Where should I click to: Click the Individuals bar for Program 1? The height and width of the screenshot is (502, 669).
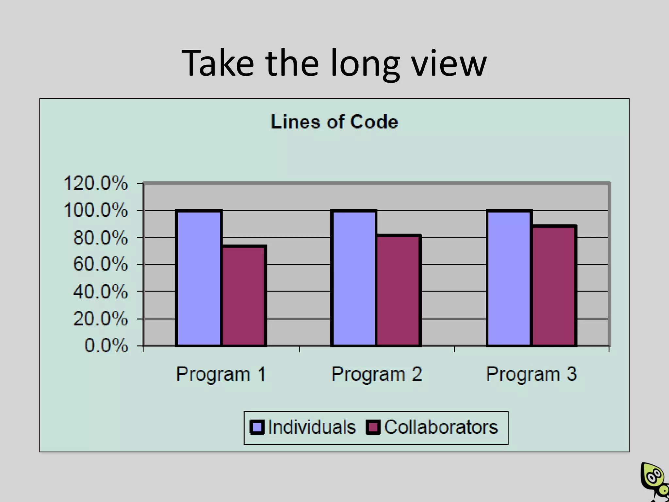pos(199,278)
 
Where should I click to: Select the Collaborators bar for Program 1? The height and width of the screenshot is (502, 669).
pos(244,296)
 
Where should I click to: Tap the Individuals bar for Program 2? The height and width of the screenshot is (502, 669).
pos(354,278)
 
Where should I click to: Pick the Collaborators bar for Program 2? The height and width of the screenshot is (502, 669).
pos(399,290)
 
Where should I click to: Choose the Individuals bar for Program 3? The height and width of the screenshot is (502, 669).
pos(509,278)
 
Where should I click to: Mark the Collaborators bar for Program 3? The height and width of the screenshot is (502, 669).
pos(554,286)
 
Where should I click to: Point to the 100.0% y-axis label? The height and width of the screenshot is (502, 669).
pos(95,210)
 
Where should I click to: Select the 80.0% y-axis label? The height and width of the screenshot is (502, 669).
pos(100,238)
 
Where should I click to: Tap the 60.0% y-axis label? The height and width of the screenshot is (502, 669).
pos(100,264)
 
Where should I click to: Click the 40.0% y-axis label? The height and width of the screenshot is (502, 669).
pos(100,291)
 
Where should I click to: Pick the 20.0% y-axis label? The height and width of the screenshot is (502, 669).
pos(100,319)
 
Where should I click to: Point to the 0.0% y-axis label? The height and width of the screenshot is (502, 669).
pos(106,345)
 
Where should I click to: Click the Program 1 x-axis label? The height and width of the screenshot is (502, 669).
pos(221,374)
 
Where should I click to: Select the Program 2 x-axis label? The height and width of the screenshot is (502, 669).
pos(377,374)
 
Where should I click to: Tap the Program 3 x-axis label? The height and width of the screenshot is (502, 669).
pos(531,374)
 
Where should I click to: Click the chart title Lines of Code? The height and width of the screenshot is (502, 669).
pos(334,122)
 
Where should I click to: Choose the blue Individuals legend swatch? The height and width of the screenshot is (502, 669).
pos(257,427)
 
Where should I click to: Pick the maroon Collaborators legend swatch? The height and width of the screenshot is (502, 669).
pos(373,427)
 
